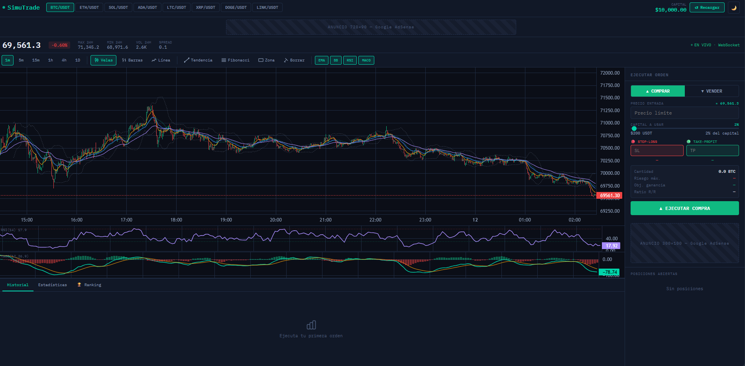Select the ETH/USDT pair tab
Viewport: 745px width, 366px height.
coord(89,8)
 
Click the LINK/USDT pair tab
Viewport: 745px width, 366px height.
coord(267,8)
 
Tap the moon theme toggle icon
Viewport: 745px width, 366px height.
coord(733,8)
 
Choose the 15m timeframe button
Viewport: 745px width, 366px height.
coord(36,60)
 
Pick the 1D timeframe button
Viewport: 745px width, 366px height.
coord(78,60)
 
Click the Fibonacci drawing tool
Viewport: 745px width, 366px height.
coord(236,60)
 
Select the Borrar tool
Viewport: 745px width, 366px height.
coord(294,60)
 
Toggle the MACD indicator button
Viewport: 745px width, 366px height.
coord(366,60)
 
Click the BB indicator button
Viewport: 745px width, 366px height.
coord(336,60)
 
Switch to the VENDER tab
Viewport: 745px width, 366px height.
coord(712,91)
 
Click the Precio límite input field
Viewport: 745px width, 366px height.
coord(684,113)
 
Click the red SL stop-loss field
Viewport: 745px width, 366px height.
coord(657,150)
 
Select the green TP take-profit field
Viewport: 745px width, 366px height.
coord(712,150)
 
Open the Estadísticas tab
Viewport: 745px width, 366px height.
coord(53,285)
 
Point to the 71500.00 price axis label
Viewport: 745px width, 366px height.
coord(610,98)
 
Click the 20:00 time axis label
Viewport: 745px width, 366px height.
coord(276,220)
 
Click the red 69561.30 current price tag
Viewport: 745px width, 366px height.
coord(609,196)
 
